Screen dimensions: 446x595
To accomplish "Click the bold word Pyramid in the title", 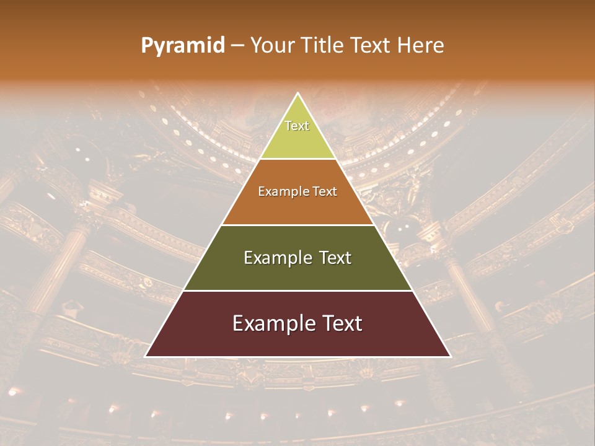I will (x=183, y=46).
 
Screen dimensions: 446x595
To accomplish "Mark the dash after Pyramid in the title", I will (x=237, y=46).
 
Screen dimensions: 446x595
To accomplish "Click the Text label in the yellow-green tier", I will (x=297, y=126).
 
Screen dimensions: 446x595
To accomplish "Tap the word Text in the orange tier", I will (x=325, y=192).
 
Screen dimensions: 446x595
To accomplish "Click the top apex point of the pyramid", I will (x=298, y=93).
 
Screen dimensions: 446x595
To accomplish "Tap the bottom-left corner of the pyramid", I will (x=145, y=357).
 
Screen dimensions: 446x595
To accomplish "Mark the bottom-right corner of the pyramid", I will (x=451, y=357).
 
